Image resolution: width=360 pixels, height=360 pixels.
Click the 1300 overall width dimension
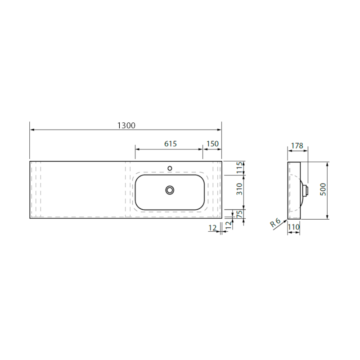[126, 126]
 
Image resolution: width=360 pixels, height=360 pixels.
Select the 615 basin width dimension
[171, 144]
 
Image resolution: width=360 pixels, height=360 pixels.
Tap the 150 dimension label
[212, 144]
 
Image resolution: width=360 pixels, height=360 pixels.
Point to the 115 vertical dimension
[239, 168]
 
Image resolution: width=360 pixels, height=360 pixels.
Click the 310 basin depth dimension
[239, 189]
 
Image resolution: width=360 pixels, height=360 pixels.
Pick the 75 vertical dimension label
[239, 214]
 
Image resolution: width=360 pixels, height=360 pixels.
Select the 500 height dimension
[323, 189]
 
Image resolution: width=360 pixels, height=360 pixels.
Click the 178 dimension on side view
[297, 145]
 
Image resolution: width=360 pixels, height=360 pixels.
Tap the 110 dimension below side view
[294, 227]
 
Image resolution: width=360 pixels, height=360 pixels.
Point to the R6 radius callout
[275, 223]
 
